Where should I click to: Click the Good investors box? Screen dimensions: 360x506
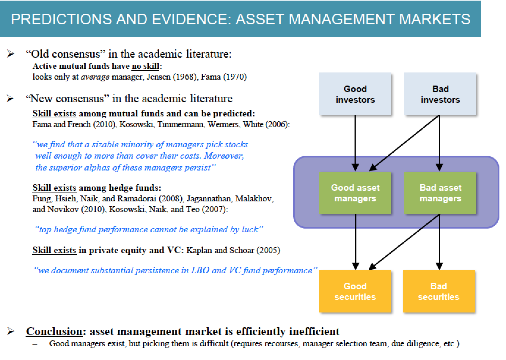click(355, 94)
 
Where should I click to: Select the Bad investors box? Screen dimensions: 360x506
click(440, 94)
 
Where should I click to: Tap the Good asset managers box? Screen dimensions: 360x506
click(355, 193)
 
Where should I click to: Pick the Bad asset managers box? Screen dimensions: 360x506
click(440, 193)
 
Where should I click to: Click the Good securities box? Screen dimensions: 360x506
click(355, 291)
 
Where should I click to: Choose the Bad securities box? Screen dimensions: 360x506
click(439, 291)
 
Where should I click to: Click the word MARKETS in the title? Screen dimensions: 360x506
click(435, 19)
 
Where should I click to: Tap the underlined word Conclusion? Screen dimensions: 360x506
click(54, 331)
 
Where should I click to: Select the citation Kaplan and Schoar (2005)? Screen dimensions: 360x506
click(233, 250)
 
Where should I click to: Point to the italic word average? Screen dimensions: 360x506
click(95, 77)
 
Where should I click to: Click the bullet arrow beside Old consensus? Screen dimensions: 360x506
click(11, 54)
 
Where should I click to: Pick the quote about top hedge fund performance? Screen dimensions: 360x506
click(149, 229)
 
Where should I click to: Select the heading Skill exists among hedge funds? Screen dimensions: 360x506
click(97, 188)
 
